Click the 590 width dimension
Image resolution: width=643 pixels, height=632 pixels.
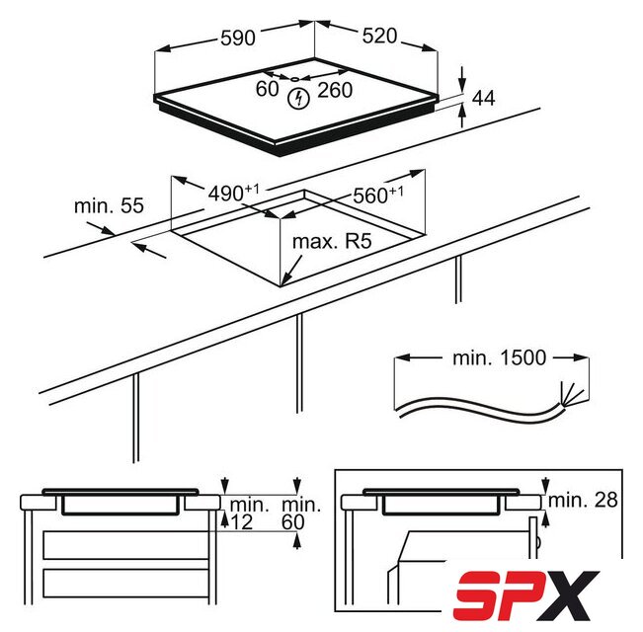click(238, 39)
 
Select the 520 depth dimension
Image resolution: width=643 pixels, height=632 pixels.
click(379, 37)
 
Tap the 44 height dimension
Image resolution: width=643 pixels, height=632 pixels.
click(483, 99)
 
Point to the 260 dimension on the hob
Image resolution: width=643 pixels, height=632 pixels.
click(335, 90)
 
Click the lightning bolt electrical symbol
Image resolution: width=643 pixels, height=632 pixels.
click(298, 99)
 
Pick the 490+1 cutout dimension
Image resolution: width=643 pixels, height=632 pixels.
click(234, 193)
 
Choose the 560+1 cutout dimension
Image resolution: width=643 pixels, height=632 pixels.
click(378, 196)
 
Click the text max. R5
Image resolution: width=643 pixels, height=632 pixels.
click(332, 241)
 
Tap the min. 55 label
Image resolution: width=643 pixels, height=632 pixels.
click(109, 205)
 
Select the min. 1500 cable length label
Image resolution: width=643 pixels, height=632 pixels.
click(500, 357)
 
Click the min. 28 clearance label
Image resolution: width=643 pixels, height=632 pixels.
click(583, 500)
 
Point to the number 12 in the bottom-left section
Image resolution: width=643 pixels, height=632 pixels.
click(242, 522)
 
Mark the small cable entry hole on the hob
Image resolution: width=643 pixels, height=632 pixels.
click(295, 79)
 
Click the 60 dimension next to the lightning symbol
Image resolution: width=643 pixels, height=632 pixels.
click(267, 89)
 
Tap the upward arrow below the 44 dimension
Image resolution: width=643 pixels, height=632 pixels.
click(462, 116)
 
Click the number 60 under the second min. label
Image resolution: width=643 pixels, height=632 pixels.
click(293, 522)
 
